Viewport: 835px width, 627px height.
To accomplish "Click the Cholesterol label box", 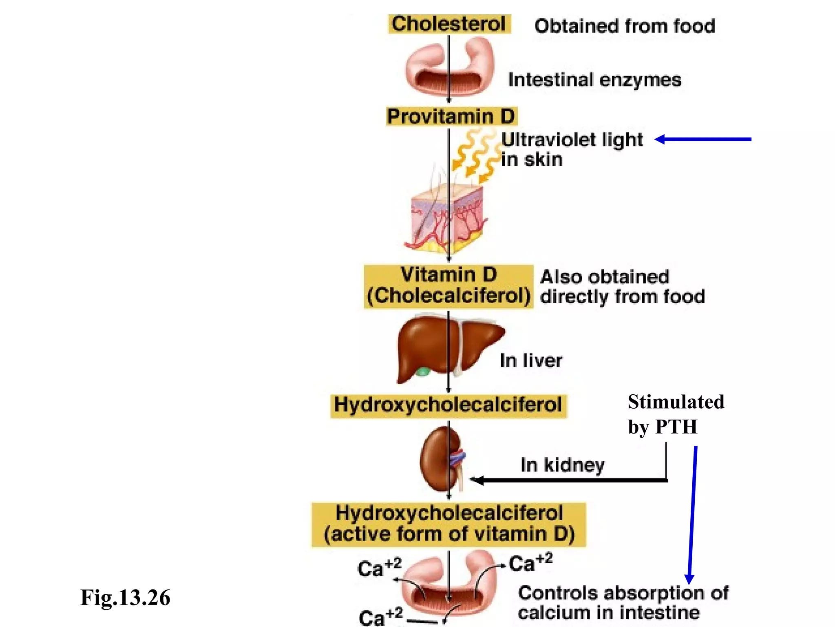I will (449, 24).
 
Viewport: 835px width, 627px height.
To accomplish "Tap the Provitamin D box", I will (451, 116).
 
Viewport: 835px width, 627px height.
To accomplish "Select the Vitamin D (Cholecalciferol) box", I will (448, 286).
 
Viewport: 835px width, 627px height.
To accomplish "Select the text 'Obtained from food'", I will (625, 26).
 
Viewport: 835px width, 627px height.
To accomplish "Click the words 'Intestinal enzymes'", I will (594, 80).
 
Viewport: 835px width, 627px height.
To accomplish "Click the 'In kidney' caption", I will (563, 465).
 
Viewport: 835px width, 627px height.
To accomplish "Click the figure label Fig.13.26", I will (125, 598).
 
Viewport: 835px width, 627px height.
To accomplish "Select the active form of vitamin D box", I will (449, 524).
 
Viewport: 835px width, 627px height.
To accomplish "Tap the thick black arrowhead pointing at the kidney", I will (477, 480).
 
